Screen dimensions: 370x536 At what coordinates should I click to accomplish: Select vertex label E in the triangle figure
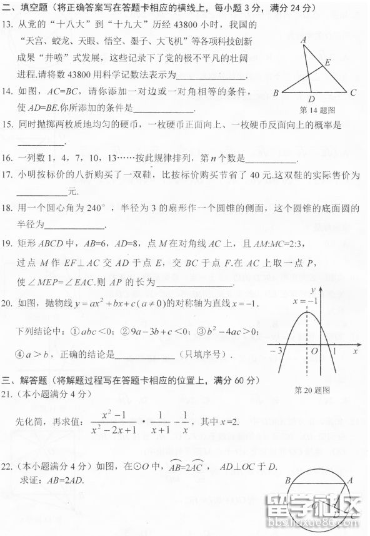coord(327,62)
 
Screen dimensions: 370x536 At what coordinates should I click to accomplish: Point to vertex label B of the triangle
coord(276,94)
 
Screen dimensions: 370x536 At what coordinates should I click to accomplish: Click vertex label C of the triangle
coord(353,93)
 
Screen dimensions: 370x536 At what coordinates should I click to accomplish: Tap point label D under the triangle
coord(311,99)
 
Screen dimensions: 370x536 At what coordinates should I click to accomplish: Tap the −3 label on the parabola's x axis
coord(276,351)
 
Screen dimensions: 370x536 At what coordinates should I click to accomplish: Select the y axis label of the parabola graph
coord(311,290)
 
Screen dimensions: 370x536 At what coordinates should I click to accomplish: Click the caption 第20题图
coord(312,390)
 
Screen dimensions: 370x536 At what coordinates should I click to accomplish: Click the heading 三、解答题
coord(25,380)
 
